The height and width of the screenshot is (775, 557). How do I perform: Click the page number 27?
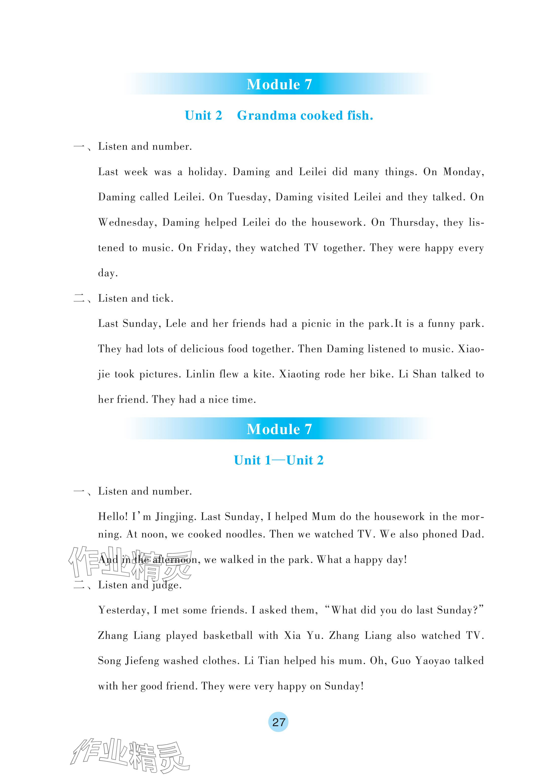tap(278, 722)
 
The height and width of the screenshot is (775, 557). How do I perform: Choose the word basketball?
tap(228, 636)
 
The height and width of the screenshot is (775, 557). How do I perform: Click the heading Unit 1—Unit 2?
tap(278, 460)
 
